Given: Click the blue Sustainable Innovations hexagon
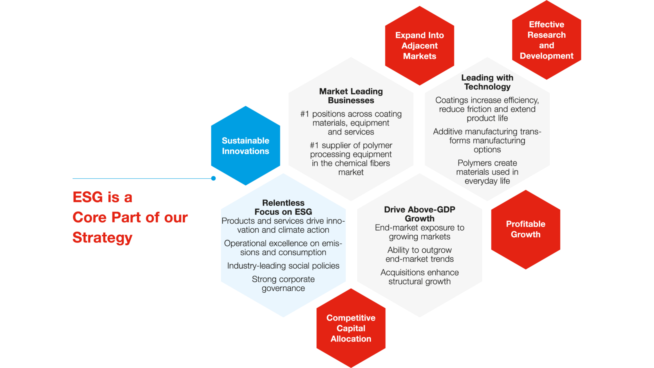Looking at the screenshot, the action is coord(246,146).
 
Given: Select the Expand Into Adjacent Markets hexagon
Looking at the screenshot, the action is coord(419,45).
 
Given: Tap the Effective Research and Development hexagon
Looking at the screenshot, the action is coord(546,40).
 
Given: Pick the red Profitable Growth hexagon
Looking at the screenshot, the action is coord(526,229).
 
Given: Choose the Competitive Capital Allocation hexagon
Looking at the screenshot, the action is coord(351,328).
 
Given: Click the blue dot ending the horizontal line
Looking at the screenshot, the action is coord(213,178).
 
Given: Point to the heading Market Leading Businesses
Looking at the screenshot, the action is coord(351,96).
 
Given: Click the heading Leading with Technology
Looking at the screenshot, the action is coord(487,82).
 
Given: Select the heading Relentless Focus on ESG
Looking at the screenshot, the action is coord(283,207).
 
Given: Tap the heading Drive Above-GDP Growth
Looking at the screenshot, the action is coord(419,214).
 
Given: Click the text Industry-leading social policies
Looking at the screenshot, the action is coord(283,265).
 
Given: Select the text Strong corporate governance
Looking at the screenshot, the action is coord(283,284).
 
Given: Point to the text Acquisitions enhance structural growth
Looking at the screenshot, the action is coord(419,277).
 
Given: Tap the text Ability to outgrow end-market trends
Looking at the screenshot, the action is coord(419,254).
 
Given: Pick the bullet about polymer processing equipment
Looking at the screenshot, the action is coord(351,159).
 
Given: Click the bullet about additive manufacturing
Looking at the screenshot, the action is coord(487,141).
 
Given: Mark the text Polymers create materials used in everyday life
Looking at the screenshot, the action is coord(487,172).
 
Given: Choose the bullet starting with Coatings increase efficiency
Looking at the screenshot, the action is coord(487,109).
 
